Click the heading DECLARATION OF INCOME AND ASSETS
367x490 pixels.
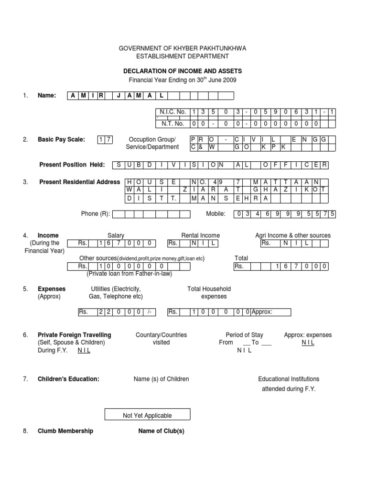[x=183, y=71]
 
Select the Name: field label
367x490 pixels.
[x=47, y=96]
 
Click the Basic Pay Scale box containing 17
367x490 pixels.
[x=105, y=140]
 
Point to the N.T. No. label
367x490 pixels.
[x=173, y=123]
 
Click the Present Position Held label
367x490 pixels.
[x=72, y=165]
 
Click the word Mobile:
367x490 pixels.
[x=216, y=214]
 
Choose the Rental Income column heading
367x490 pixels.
[x=200, y=235]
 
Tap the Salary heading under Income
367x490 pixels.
[x=116, y=235]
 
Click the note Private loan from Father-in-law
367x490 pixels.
[x=129, y=274]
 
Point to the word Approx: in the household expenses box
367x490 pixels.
[x=262, y=312]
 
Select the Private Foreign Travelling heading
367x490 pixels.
[x=74, y=335]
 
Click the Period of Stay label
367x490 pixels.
[x=244, y=335]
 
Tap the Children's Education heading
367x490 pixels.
[x=68, y=379]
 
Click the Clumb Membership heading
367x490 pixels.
[x=65, y=431]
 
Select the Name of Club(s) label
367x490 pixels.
[x=161, y=431]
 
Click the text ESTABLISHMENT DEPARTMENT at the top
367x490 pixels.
[x=183, y=56]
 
